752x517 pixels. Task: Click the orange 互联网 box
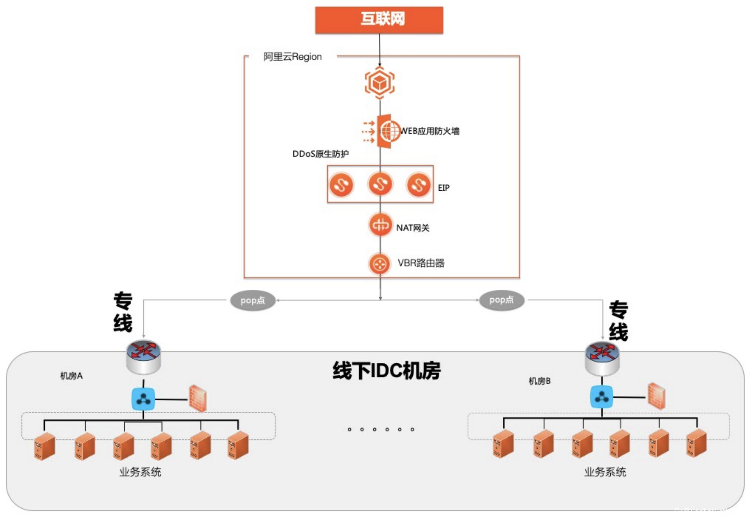click(x=379, y=20)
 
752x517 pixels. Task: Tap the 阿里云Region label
click(x=292, y=57)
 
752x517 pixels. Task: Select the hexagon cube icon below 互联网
click(x=379, y=83)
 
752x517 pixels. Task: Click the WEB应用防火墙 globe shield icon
click(x=388, y=131)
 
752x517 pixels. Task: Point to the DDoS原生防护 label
click(x=320, y=154)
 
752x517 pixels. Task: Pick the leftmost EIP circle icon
click(x=341, y=185)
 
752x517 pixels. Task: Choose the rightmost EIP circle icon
click(x=418, y=185)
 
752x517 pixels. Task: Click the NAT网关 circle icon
click(x=380, y=225)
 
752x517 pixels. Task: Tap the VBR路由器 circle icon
click(x=379, y=264)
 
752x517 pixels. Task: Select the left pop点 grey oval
click(x=253, y=300)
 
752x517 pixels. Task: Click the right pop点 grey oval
click(x=502, y=300)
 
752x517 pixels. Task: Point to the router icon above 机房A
click(x=143, y=357)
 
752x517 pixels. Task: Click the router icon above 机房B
click(x=602, y=358)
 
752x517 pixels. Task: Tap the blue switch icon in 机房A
click(x=143, y=399)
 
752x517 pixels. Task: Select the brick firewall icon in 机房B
click(x=657, y=396)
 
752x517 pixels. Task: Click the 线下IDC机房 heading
click(x=387, y=371)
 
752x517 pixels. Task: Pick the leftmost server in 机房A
click(x=44, y=446)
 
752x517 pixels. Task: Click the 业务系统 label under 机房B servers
click(x=605, y=472)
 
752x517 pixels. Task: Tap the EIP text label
click(x=444, y=188)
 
